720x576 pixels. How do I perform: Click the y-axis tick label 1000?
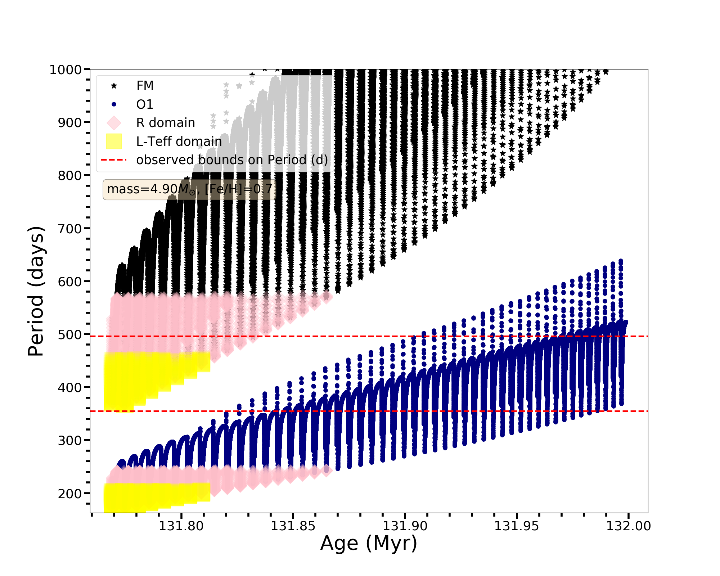66,69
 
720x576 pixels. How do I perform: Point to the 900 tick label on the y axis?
70,122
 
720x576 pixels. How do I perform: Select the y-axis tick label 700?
70,228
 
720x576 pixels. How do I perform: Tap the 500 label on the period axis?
70,334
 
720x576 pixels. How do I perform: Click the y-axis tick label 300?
70,440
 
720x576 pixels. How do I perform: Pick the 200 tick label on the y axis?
70,493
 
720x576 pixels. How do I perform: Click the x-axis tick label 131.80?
181,526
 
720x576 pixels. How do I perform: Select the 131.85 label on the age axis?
293,526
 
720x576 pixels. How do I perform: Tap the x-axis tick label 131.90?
405,526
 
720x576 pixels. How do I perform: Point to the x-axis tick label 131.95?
517,526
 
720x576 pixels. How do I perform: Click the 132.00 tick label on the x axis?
629,526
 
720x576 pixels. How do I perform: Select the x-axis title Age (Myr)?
369,543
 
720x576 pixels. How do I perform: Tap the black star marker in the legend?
114,86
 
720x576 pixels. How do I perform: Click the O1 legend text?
145,104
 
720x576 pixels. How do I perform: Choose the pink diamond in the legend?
114,123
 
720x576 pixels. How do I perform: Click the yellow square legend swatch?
114,141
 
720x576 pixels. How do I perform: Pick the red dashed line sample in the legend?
114,160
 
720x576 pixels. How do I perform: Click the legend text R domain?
166,123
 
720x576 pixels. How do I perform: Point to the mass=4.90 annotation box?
190,189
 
